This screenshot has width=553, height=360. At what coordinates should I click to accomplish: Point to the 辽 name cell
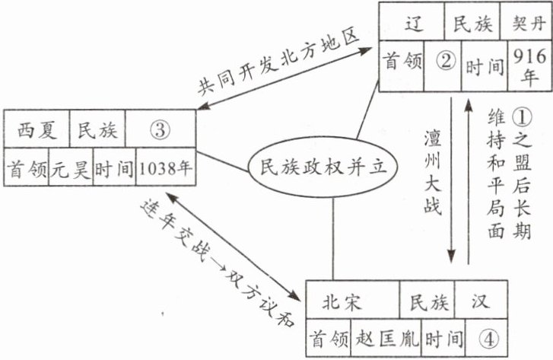click(413, 24)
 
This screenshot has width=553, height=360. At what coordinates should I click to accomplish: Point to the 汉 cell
click(478, 299)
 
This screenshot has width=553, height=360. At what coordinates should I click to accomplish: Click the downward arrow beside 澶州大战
click(451, 183)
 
